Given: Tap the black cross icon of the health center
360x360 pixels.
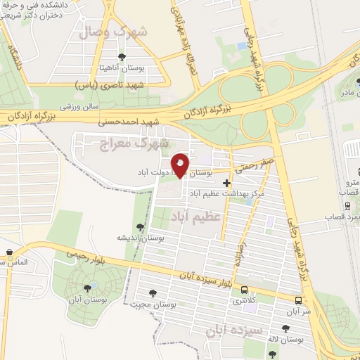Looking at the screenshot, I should (x=226, y=184).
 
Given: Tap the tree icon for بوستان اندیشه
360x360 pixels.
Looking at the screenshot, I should (x=140, y=226).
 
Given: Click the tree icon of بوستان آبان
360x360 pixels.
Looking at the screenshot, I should (x=87, y=286).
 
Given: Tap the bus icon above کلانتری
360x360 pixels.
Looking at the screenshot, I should (x=244, y=289).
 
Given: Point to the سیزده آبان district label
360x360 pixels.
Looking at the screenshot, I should (x=233, y=329).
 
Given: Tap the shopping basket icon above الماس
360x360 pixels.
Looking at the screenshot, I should (x=8, y=252).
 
